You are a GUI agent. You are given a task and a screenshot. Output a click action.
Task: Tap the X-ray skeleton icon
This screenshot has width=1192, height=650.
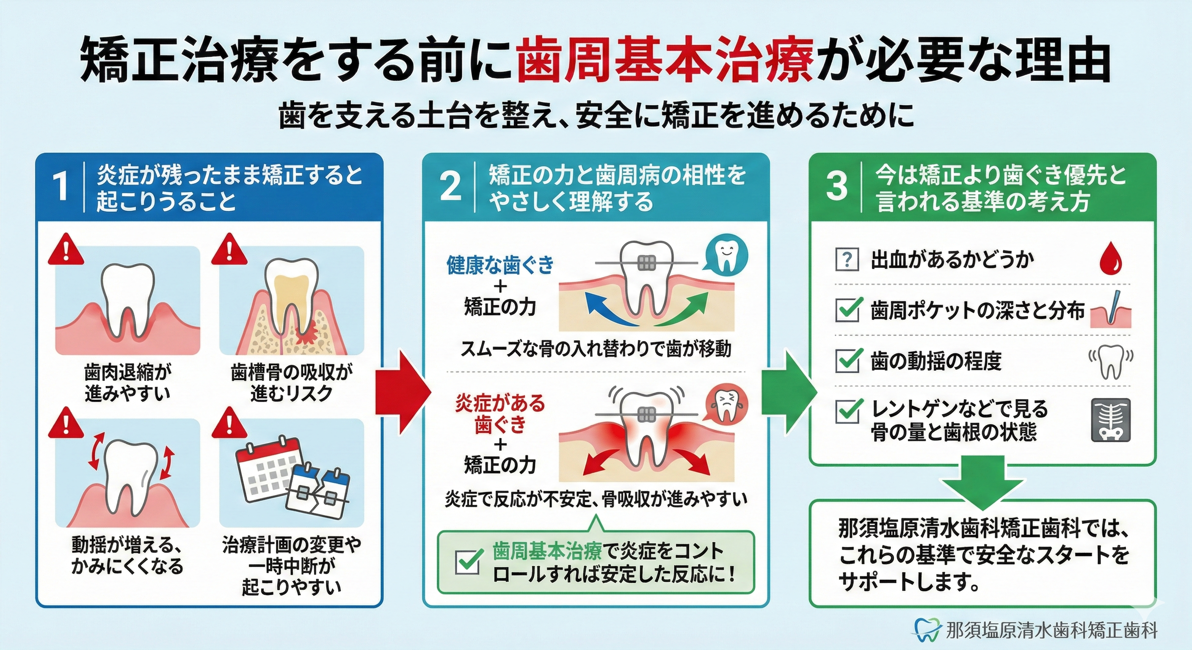pos(1111,420)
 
